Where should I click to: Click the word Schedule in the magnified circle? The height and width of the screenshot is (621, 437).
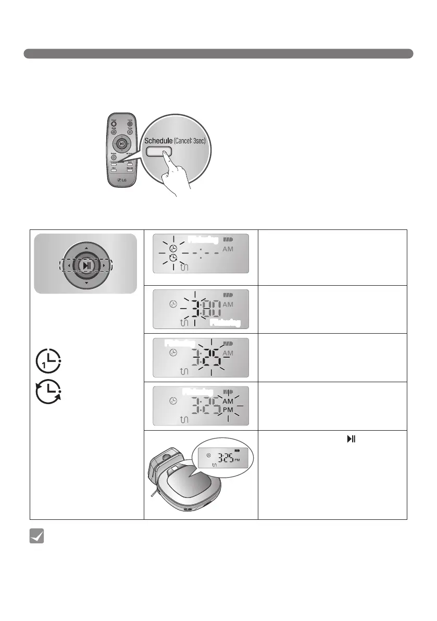pos(158,141)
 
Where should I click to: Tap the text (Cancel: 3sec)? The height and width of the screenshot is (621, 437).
pos(193,141)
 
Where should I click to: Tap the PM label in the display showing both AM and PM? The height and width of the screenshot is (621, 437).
pos(228,410)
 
